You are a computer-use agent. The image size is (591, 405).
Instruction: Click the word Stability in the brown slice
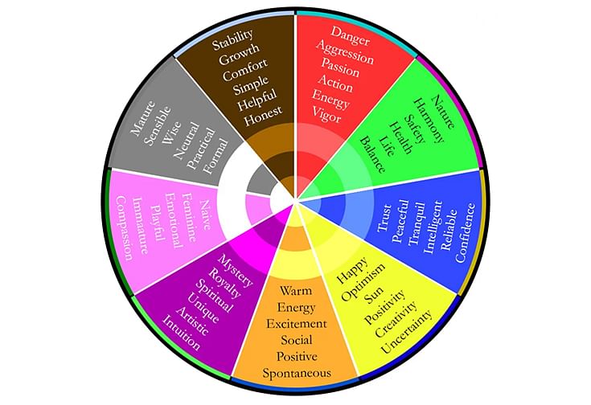pyautogui.click(x=232, y=40)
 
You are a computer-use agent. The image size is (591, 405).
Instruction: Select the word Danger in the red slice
pyautogui.click(x=350, y=35)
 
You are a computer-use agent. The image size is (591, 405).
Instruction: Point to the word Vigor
pyautogui.click(x=326, y=114)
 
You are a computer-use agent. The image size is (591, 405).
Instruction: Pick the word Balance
pyautogui.click(x=373, y=154)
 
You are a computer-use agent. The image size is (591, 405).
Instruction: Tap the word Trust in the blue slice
pyautogui.click(x=385, y=218)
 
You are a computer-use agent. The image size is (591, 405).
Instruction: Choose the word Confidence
pyautogui.click(x=466, y=232)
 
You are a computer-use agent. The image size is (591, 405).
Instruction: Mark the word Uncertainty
pyautogui.click(x=407, y=332)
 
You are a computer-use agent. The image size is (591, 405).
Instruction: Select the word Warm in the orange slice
pyautogui.click(x=296, y=291)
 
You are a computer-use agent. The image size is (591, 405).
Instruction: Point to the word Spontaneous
pyautogui.click(x=297, y=374)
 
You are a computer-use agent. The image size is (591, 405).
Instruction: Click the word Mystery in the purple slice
pyautogui.click(x=236, y=270)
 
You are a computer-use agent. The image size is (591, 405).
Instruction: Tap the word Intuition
pyautogui.click(x=181, y=332)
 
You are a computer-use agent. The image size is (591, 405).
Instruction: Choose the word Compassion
pyautogui.click(x=124, y=228)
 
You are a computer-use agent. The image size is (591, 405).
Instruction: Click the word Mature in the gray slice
pyautogui.click(x=142, y=118)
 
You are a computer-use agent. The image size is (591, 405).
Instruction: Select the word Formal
pyautogui.click(x=215, y=157)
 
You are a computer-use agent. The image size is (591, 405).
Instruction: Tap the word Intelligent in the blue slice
pyautogui.click(x=433, y=227)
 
